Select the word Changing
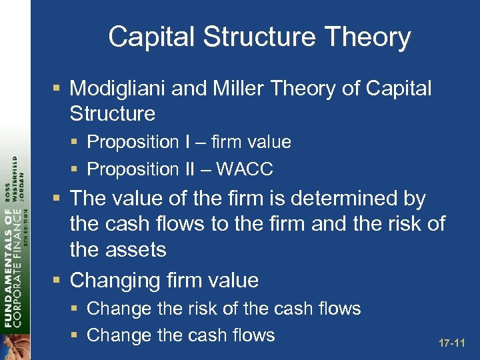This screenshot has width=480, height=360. tap(113, 280)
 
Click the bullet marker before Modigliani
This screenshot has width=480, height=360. tap(59, 88)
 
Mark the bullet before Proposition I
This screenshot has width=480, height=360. tap(77, 142)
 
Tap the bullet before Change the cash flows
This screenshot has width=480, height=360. tap(77, 335)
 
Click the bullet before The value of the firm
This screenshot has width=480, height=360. tap(59, 198)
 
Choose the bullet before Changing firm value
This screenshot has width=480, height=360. tap(59, 280)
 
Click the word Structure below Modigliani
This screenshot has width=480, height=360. tap(112, 113)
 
